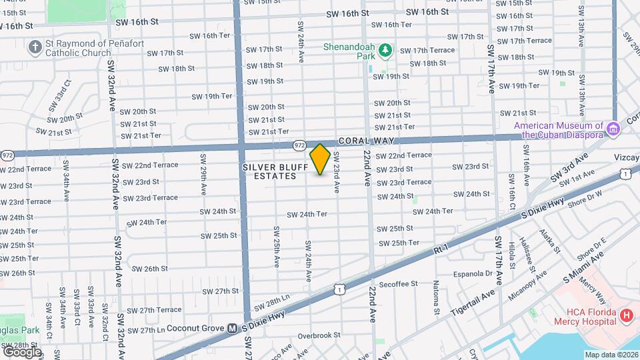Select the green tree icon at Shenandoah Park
385,50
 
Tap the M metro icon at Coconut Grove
233,328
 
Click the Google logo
22,351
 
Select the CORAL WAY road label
366,141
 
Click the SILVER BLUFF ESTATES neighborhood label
269,171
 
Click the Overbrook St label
319,335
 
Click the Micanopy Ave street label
528,285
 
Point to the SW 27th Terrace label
154,310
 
